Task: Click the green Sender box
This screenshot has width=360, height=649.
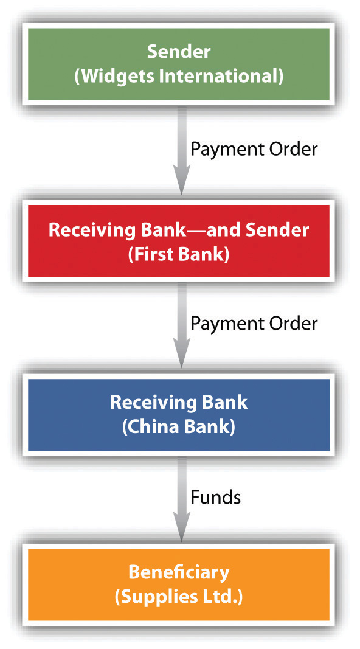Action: (x=179, y=64)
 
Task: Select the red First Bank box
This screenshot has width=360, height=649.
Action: (x=179, y=241)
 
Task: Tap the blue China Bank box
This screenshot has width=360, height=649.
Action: (x=179, y=415)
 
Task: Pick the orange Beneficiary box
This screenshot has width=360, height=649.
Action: (x=179, y=585)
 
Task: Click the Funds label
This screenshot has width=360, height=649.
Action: (x=215, y=497)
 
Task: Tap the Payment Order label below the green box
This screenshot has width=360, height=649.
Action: (x=254, y=150)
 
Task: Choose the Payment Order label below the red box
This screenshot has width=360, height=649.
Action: (x=254, y=324)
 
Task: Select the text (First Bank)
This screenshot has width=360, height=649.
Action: (x=179, y=254)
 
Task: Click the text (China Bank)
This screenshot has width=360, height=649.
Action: (x=179, y=427)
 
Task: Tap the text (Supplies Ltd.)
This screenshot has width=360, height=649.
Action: (x=179, y=597)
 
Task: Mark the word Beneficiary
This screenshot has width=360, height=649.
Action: (x=179, y=572)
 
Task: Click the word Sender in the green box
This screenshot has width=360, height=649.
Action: (x=179, y=52)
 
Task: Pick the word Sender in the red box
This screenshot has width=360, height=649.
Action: (x=277, y=230)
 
